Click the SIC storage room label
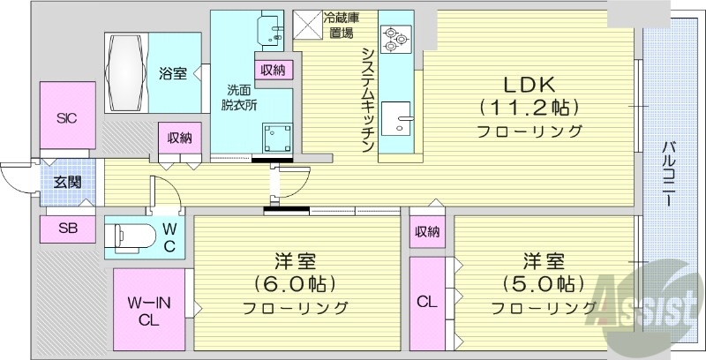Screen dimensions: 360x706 tap(67, 117)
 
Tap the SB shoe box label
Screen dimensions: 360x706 tap(67, 228)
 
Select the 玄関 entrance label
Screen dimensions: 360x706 tap(66, 184)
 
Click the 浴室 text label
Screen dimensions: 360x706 tap(172, 74)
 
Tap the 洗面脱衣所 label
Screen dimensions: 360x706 tap(239, 97)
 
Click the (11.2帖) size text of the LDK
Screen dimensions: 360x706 tap(529, 108)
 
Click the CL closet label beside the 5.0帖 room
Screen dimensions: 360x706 tap(426, 301)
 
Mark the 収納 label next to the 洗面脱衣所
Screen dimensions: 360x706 tap(272, 71)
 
